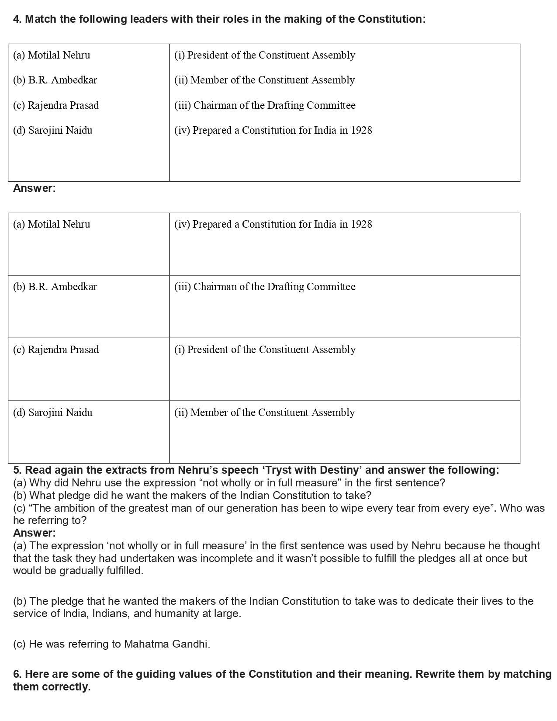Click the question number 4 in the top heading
coord(17,19)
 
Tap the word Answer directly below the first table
coord(34,188)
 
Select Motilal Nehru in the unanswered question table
coord(59,55)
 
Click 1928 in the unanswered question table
coord(361,130)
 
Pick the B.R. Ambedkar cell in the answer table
coord(55,287)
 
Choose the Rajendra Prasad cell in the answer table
coord(56,350)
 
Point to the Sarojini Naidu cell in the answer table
coord(53,412)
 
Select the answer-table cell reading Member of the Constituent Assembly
coord(264,412)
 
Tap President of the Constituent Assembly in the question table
coord(265,55)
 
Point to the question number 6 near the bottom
coord(17,674)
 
